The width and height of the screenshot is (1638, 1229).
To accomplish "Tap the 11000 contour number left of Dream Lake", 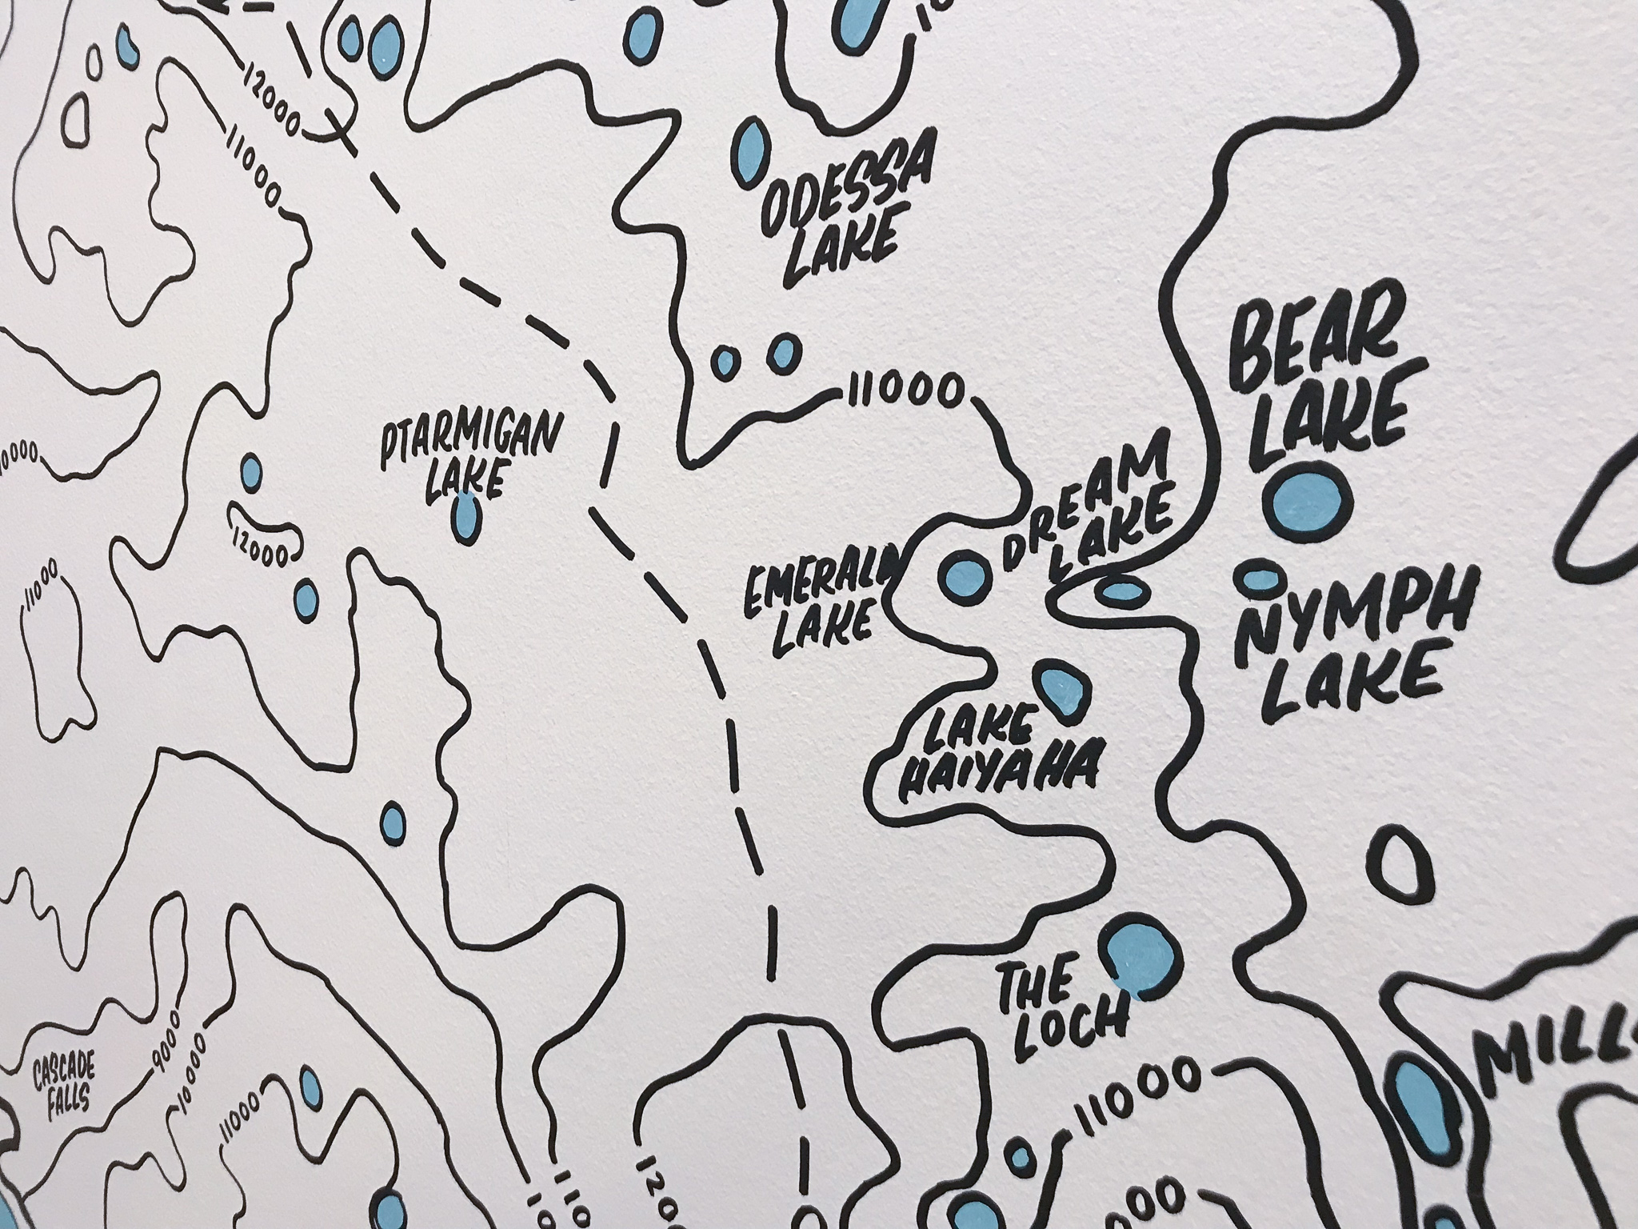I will [902, 393].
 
